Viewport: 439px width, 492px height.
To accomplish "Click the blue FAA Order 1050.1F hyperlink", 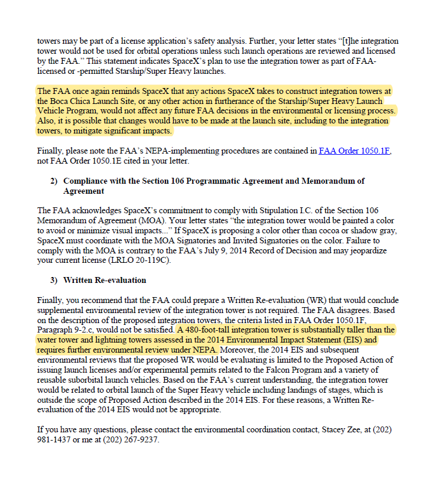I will click(355, 151).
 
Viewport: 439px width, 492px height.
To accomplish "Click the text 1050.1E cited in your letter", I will click(106, 161).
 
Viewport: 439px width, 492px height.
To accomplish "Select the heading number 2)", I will click(54, 181).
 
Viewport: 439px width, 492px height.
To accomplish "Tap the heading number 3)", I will click(54, 280).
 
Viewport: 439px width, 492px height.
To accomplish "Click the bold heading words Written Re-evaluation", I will click(105, 280).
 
